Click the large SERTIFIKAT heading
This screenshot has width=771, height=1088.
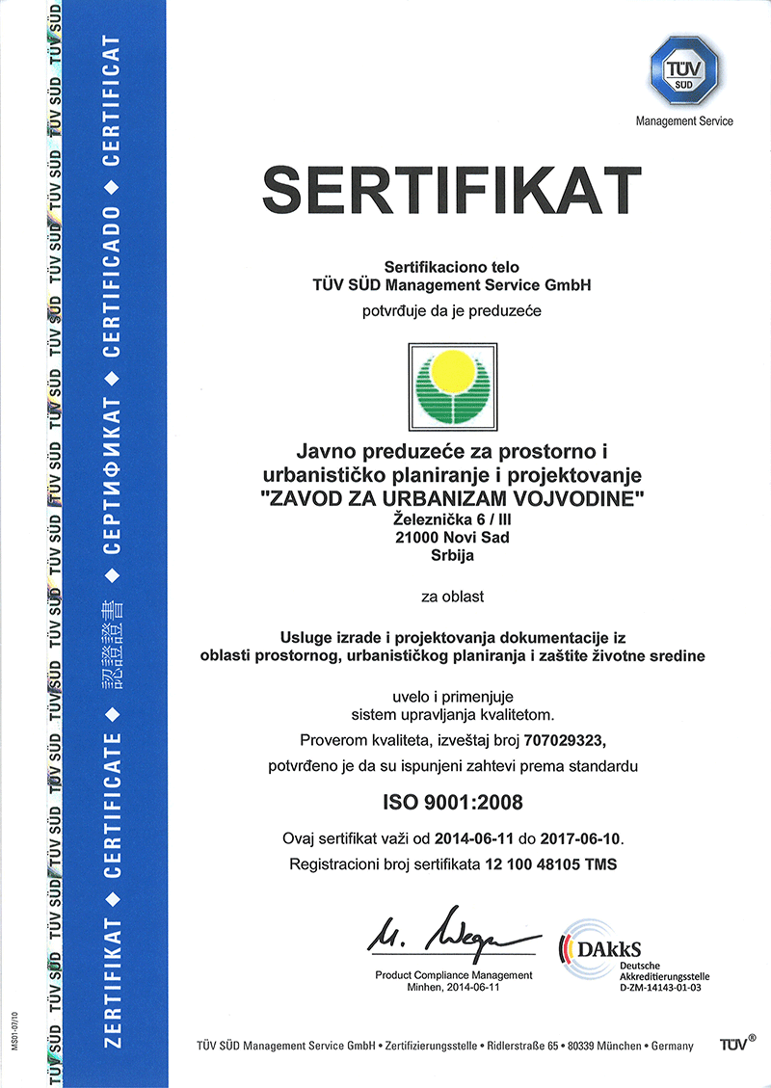(x=452, y=191)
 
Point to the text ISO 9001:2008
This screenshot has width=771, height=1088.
(x=452, y=800)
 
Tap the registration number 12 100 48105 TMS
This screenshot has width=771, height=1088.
(x=548, y=864)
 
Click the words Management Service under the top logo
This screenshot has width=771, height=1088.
(x=684, y=121)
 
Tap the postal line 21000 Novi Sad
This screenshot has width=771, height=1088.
(x=452, y=537)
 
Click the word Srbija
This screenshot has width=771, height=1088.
(x=452, y=554)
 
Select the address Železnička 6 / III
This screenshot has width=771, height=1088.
(x=452, y=519)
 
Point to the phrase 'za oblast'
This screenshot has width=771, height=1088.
(x=452, y=597)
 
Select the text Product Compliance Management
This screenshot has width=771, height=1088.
(x=453, y=976)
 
